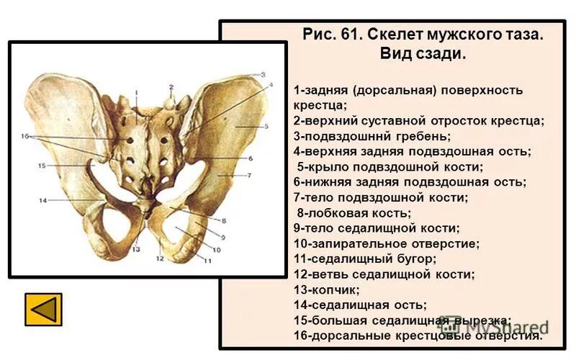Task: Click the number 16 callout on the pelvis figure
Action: pos(24,136)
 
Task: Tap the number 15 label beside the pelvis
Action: pos(42,166)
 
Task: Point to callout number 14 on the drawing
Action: pos(42,200)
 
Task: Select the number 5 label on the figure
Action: pos(266,126)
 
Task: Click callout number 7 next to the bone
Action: pos(249,175)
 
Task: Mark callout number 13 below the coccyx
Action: pos(135,249)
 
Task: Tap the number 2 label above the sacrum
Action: pos(171,88)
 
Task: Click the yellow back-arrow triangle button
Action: pos(43,309)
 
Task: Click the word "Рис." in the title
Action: pos(318,34)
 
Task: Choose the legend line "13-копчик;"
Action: pos(327,289)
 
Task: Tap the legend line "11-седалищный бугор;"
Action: pos(365,258)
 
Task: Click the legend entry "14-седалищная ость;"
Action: pos(360,305)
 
